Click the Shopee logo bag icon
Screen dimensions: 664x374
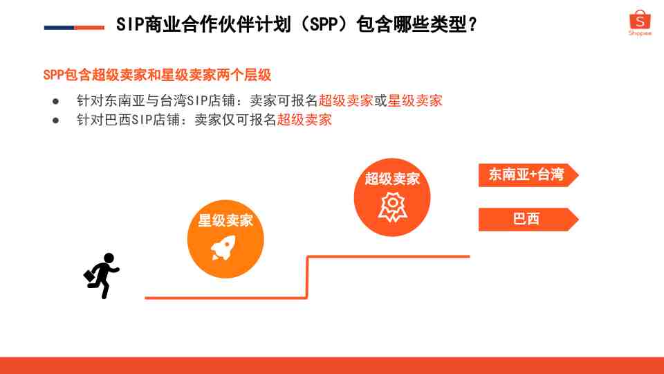pos(640,19)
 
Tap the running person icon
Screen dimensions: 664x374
pos(102,276)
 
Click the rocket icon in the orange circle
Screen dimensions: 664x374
pos(223,248)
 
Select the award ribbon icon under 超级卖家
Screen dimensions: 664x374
pos(393,207)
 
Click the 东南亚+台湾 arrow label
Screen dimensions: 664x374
pos(528,175)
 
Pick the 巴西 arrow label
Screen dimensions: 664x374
pos(528,220)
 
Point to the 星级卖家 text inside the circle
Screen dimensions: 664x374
pos(225,220)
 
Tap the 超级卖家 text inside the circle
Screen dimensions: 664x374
pos(393,179)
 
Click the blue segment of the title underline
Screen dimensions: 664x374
pos(59,28)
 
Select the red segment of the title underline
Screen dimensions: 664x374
pos(89,28)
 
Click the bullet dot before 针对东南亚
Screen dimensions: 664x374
pos(55,101)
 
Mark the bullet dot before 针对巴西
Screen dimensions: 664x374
pos(55,121)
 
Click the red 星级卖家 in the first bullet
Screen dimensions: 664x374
pos(415,101)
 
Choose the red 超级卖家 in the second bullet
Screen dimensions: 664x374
pos(304,120)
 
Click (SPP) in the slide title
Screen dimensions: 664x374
pos(325,24)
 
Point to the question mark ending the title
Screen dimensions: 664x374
pos(472,25)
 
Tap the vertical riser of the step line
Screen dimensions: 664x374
pos(307,277)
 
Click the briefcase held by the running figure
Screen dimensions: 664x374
pos(89,276)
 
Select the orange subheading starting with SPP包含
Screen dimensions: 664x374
pos(157,75)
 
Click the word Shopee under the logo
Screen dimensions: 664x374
pos(640,33)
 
